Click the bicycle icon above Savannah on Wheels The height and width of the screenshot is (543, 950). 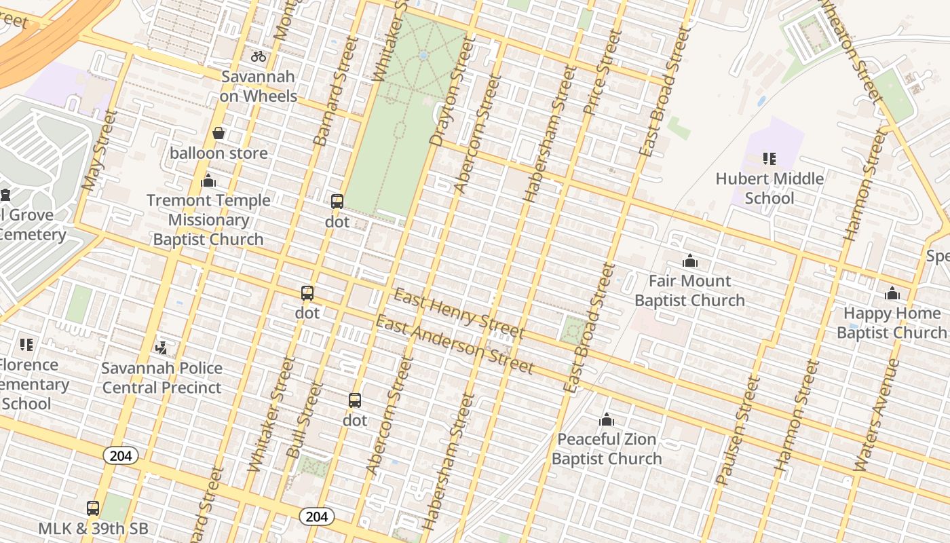coord(259,56)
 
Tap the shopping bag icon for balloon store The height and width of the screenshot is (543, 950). coord(218,133)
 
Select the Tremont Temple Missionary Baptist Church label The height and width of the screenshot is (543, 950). coord(208,219)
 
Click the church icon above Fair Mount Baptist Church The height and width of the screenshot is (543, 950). coord(690,261)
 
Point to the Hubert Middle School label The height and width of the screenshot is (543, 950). coord(769,189)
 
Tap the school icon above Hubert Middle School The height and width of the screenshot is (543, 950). coord(769,159)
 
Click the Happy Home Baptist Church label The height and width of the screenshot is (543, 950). coord(891,323)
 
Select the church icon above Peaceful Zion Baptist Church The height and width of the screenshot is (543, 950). coord(606,419)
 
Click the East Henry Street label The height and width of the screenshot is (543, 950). coord(459,314)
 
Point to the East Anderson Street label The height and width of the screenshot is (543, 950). coord(454,345)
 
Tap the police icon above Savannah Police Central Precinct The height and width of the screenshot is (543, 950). coord(161,348)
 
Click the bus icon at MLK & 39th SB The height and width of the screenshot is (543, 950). coord(93,508)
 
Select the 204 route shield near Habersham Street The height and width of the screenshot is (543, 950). coord(316,517)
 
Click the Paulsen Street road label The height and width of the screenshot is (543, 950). coord(738,432)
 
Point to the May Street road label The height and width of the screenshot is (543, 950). coord(100,149)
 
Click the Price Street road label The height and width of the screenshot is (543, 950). coord(602,72)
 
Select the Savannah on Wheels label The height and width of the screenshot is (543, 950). coord(259,86)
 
